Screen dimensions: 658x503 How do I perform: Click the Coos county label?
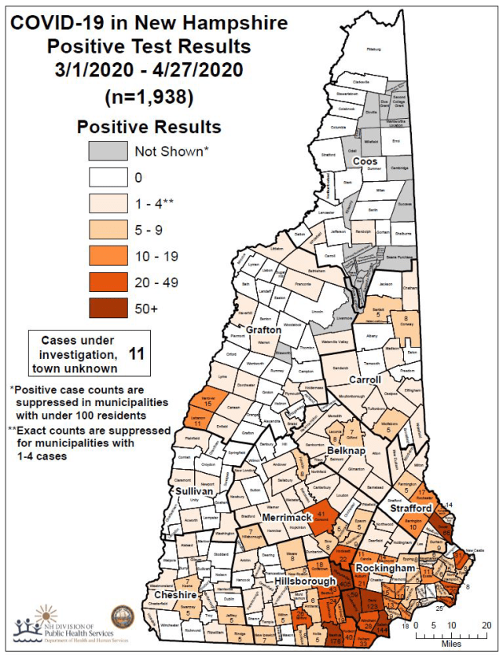pos(365,161)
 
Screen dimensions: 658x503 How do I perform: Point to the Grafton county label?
pos(264,330)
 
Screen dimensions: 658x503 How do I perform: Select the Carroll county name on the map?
pos(364,379)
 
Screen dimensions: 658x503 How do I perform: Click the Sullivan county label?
pos(194,490)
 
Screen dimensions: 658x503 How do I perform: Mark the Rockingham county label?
pos(385,567)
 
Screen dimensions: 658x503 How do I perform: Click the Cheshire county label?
pos(176,596)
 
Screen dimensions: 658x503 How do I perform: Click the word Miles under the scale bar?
pos(451,643)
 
